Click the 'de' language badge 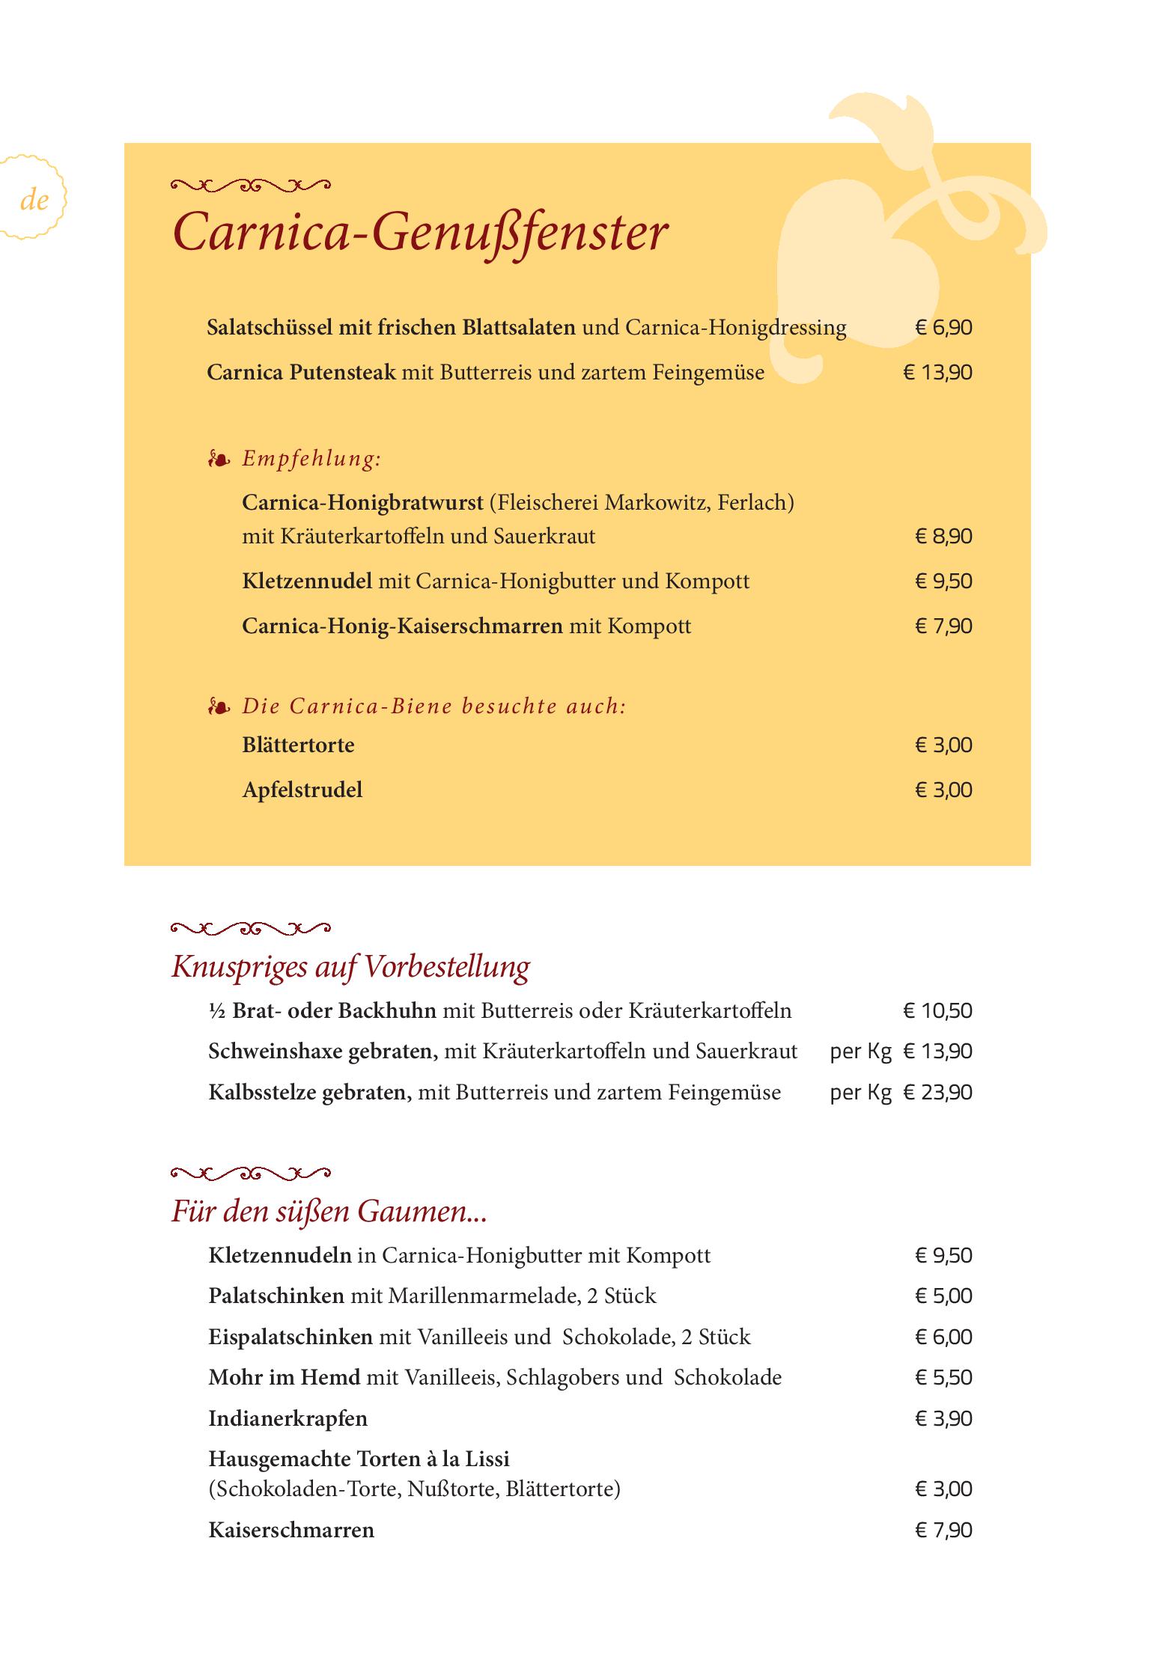pos(34,200)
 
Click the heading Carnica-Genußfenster pos(419,232)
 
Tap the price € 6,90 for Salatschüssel pos(943,328)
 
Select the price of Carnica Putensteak pos(937,373)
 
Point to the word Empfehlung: pos(311,459)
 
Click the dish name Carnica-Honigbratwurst pos(362,502)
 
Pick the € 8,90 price pos(943,537)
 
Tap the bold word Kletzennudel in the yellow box pos(307,582)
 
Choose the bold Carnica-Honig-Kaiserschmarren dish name pos(402,626)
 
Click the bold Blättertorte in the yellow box pos(298,745)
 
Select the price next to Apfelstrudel pos(943,790)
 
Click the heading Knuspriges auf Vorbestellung pos(350,967)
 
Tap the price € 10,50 pos(937,1011)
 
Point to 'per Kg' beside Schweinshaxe pos(860,1052)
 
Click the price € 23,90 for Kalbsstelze pos(937,1093)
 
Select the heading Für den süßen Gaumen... pos(329,1211)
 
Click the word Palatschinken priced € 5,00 pos(276,1296)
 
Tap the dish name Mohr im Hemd pos(284,1378)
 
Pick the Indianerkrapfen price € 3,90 pos(943,1419)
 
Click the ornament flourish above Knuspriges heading pos(250,929)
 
